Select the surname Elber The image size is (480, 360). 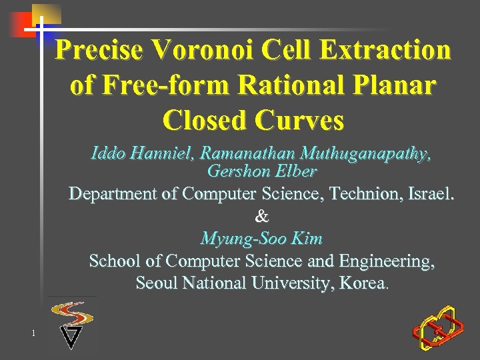tap(294, 171)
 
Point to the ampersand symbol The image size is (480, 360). tap(262, 216)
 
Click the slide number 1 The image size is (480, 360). tap(32, 333)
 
